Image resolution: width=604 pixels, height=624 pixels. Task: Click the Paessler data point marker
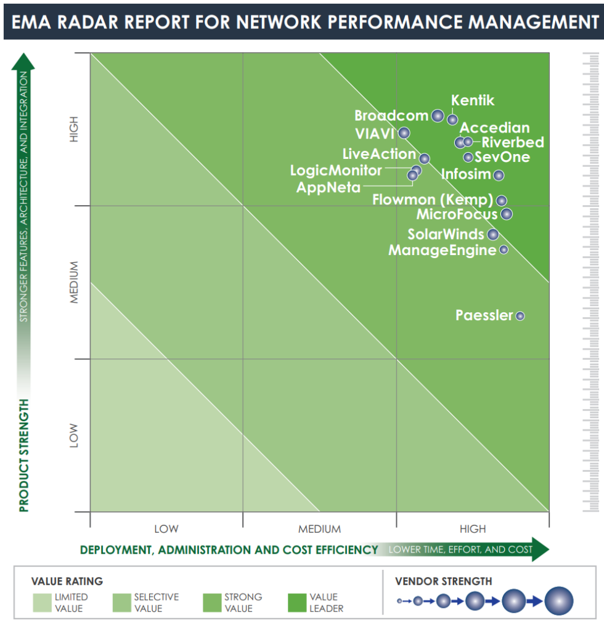pos(520,316)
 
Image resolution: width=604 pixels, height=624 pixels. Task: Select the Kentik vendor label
pos(473,100)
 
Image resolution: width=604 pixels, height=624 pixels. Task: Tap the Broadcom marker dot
pos(437,116)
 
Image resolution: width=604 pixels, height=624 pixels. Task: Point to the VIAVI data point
pos(404,132)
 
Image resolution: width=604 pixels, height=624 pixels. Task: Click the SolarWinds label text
pos(446,234)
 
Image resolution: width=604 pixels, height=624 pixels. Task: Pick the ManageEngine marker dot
pos(504,249)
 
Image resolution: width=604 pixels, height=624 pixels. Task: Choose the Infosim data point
pos(499,175)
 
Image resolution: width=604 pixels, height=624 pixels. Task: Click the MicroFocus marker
pos(506,214)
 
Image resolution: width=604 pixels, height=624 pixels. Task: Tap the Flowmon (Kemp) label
pos(432,200)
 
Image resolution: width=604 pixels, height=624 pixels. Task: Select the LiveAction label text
pos(379,154)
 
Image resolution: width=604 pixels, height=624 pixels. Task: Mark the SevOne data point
pos(468,157)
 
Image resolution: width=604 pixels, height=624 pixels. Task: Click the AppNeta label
pos(328,187)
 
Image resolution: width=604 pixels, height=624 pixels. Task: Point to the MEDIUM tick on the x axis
pos(319,529)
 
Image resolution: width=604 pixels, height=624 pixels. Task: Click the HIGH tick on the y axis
pos(75,129)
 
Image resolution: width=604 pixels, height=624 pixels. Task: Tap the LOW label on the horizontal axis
pos(166,529)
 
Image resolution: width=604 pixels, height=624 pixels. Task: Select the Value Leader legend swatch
pos(303,602)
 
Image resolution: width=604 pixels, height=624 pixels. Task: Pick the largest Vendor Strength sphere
pos(558,601)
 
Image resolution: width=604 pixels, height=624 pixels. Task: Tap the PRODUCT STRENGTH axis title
pos(24,455)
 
